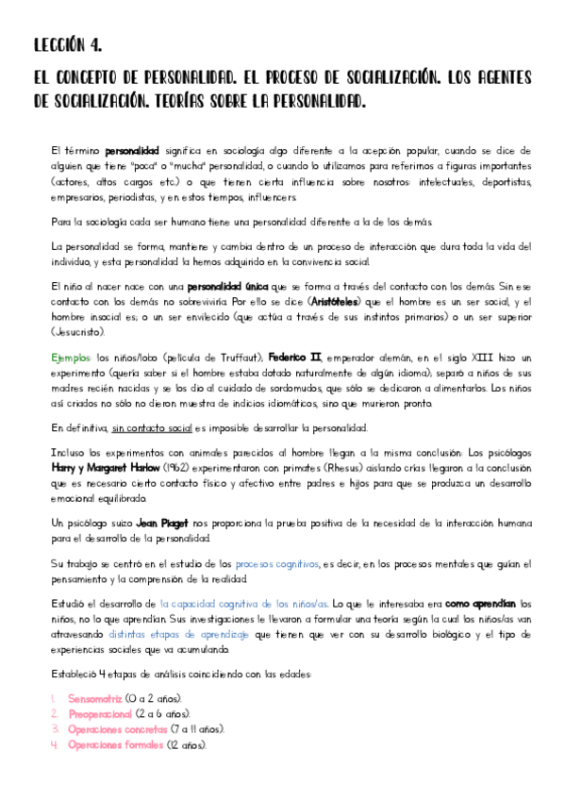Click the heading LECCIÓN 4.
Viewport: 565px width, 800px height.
click(67, 44)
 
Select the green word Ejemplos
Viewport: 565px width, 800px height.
click(70, 359)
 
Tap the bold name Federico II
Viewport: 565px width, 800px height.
click(298, 359)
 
